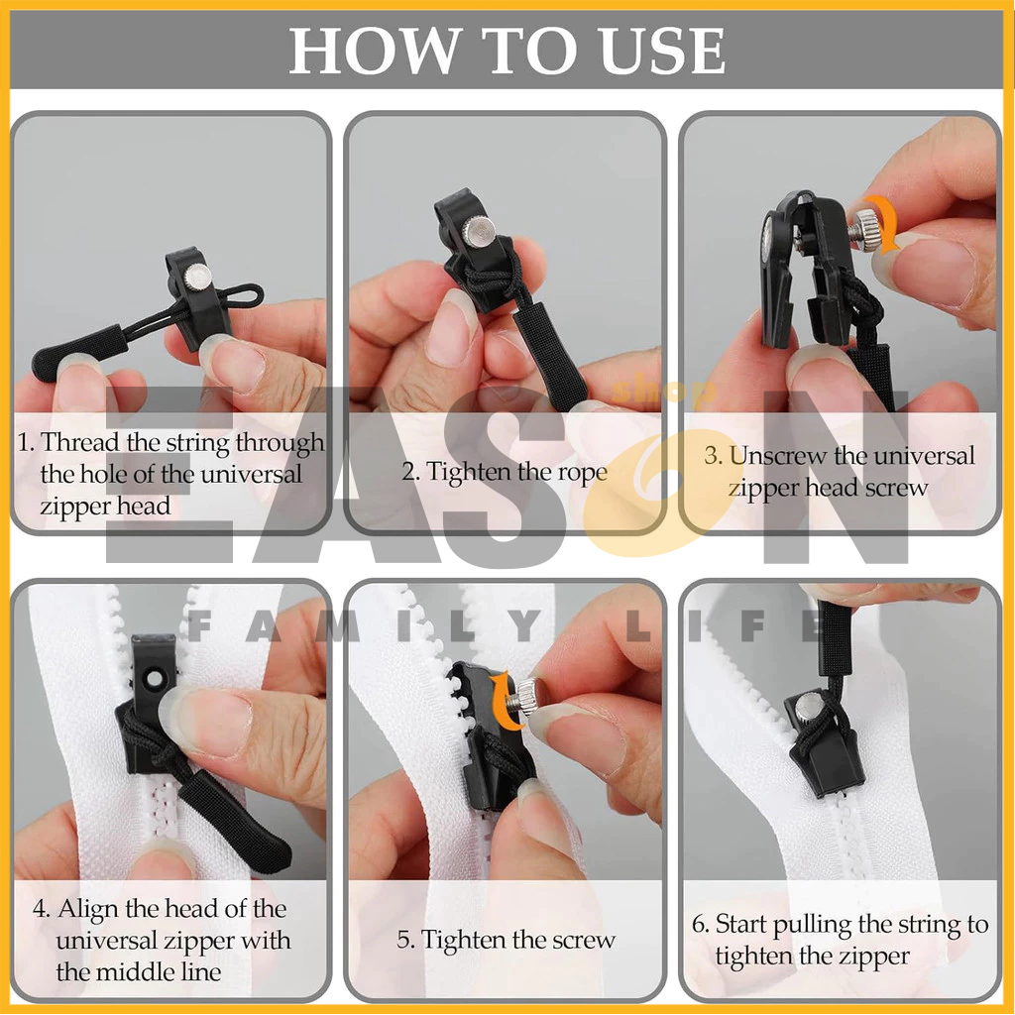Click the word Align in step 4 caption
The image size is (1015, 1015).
pos(88,909)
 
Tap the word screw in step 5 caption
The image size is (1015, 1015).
pos(585,940)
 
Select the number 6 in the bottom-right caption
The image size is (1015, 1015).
pos(699,925)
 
